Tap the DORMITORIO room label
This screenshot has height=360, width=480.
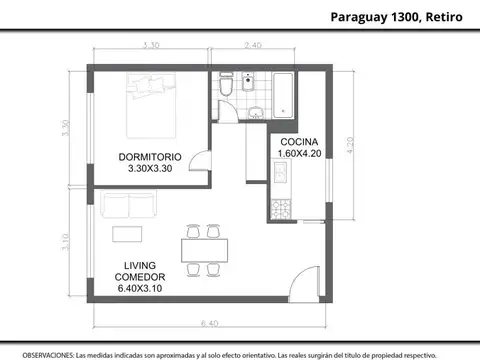pos(149,157)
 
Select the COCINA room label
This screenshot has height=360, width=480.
pos(299,141)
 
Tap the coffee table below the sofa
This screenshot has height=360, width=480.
pos(127,234)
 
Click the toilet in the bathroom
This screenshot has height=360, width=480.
pos(229,91)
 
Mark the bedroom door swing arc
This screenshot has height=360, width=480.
pos(201,161)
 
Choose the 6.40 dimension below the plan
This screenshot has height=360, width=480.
pos(208,323)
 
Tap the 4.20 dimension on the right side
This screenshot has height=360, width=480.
pos(349,145)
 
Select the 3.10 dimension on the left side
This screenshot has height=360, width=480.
pos(66,241)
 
